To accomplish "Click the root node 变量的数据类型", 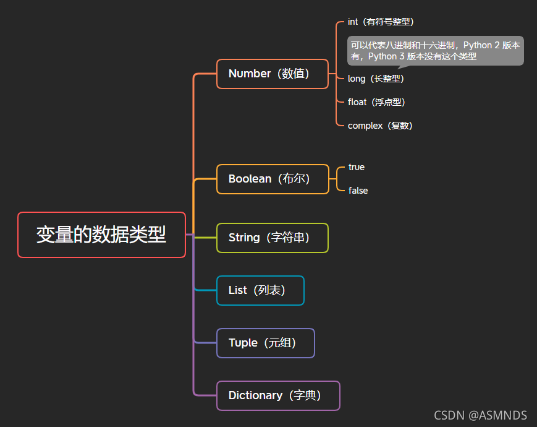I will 101,235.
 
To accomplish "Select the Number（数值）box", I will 273,74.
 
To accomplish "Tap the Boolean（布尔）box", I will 273,179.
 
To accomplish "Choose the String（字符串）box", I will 272,238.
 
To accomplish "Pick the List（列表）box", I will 260,290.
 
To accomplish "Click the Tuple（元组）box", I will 266,343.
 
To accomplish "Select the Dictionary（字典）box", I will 278,395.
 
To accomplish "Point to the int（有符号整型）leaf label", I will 381,22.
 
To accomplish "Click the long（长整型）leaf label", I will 376,79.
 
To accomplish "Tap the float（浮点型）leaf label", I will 376,102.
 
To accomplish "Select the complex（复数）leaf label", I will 380,126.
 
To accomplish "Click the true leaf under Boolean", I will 357,167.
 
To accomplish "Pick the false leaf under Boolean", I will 358,191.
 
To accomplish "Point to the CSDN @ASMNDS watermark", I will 480,415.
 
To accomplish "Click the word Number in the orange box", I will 250,74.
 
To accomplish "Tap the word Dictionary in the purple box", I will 255,395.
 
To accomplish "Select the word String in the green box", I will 244,238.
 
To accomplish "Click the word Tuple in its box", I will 243,343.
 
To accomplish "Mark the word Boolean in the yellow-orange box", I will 250,179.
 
